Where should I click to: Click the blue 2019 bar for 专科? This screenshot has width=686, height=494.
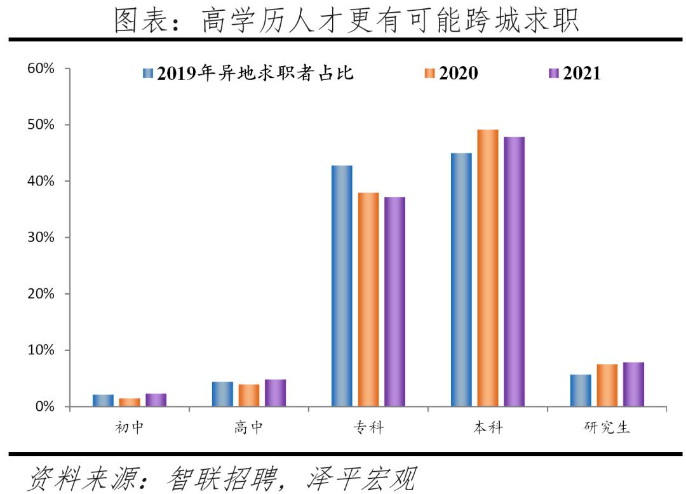342,286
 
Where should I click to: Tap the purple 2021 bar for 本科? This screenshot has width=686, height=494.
514,272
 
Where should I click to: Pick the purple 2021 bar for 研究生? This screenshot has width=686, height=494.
633,384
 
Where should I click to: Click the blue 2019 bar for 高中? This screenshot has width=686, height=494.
222,394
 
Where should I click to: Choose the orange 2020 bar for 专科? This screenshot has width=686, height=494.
368,299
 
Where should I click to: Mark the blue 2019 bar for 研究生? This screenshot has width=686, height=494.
581,391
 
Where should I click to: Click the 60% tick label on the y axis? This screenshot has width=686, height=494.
41,69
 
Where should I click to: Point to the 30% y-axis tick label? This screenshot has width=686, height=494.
41,237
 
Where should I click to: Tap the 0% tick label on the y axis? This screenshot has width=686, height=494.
44,406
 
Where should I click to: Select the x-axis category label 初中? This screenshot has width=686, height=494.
130,427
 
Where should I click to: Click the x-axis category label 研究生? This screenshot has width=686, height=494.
607,427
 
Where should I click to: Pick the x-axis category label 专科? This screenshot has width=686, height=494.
368,427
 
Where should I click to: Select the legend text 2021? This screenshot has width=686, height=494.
582,74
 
